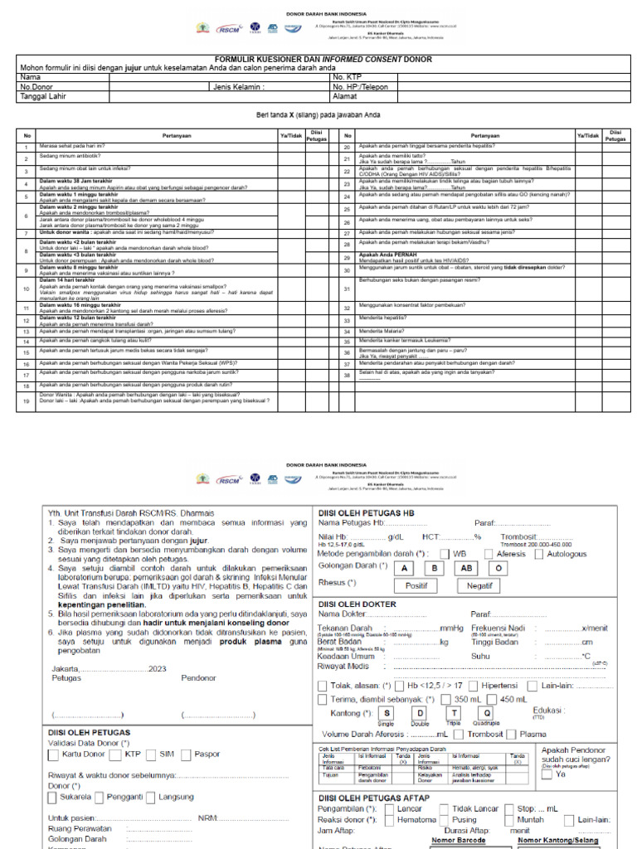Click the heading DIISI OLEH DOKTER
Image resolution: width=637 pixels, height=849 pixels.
(x=357, y=604)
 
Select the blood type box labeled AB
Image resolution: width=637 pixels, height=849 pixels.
(x=466, y=569)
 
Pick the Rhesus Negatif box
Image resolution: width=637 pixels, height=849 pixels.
(x=479, y=585)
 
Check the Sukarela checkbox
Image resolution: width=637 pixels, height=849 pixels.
(x=53, y=798)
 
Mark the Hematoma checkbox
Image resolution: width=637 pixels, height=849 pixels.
(x=389, y=820)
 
